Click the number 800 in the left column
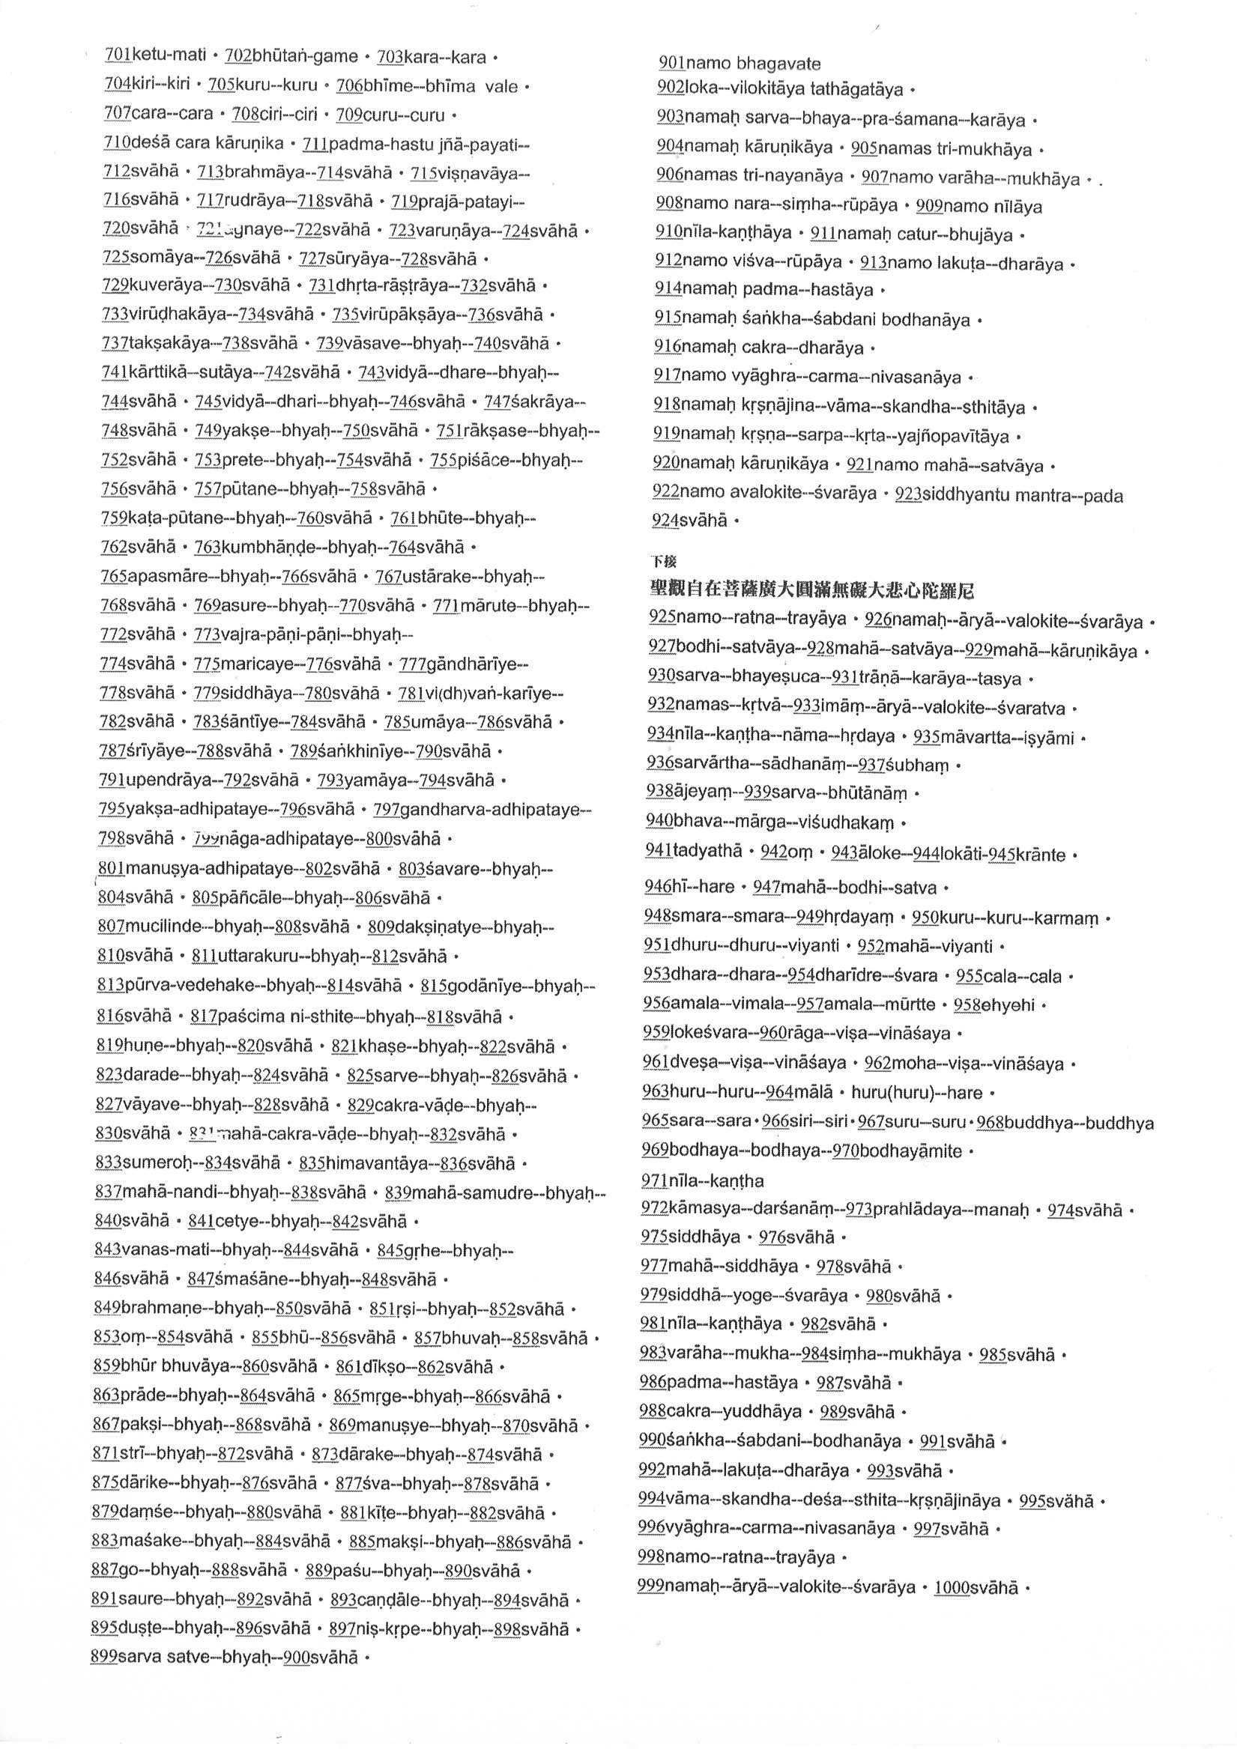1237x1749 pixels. tap(379, 839)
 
